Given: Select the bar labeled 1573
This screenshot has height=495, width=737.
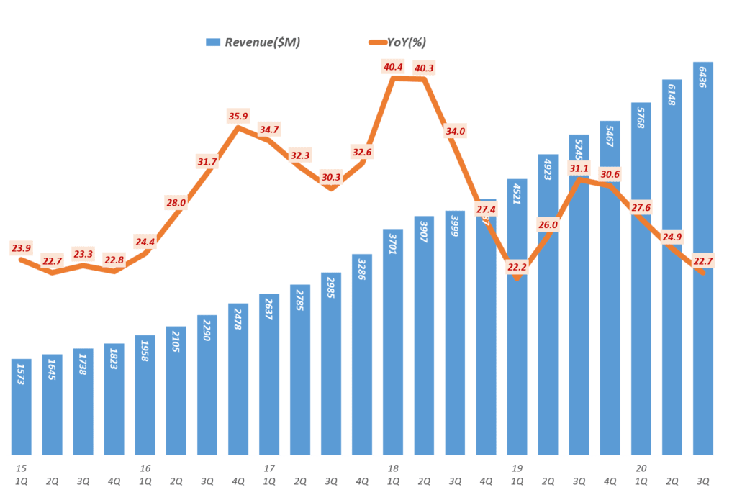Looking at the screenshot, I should pyautogui.click(x=22, y=407).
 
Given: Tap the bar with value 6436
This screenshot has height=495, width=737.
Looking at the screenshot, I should pyautogui.click(x=703, y=259).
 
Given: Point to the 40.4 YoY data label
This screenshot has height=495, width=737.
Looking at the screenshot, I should pyautogui.click(x=393, y=67).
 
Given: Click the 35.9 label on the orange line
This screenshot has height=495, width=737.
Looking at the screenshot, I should pyautogui.click(x=238, y=115).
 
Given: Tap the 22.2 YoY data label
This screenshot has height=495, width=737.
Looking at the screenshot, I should pyautogui.click(x=517, y=267).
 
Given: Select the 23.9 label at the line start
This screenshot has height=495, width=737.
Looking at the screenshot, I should pyautogui.click(x=22, y=248).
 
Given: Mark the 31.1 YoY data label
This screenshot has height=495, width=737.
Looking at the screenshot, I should pyautogui.click(x=579, y=168).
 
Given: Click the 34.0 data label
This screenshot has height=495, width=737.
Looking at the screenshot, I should pyautogui.click(x=455, y=131).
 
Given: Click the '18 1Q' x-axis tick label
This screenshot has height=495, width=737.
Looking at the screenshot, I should pyautogui.click(x=393, y=474).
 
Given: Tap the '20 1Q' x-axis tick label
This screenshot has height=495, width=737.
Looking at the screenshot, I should pyautogui.click(x=641, y=474).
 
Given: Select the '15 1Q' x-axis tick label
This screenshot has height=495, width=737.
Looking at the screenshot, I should pyautogui.click(x=22, y=474).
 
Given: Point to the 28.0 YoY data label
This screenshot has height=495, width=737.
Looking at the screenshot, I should pyautogui.click(x=176, y=203).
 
